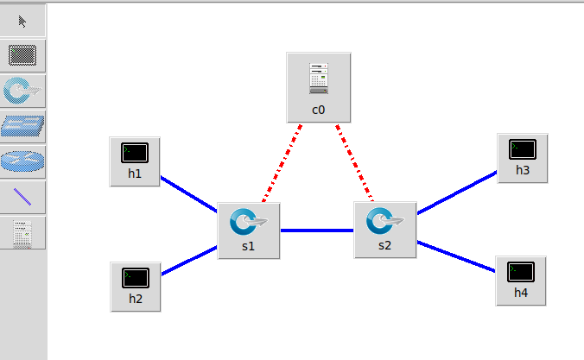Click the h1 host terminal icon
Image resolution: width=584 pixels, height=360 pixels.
tap(136, 153)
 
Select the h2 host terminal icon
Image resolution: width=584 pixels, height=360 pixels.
tap(136, 278)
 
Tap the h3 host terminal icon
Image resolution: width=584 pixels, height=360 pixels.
tap(523, 148)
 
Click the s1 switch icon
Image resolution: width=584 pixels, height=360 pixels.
tap(248, 223)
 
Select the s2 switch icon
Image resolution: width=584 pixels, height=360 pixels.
tap(385, 221)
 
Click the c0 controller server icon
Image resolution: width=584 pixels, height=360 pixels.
tap(318, 79)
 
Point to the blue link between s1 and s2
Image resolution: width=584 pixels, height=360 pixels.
tap(317, 231)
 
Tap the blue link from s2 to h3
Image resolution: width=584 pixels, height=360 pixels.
tap(456, 192)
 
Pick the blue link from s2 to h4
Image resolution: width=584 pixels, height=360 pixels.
tap(456, 256)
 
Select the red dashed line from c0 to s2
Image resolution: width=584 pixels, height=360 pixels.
tap(354, 161)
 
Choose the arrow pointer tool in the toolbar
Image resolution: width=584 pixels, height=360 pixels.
tap(22, 22)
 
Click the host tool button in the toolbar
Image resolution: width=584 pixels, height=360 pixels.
tap(22, 56)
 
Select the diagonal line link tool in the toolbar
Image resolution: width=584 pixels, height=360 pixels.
tap(22, 197)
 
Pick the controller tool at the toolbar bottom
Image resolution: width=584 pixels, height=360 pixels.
tap(22, 232)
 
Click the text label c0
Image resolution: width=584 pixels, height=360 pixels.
tap(318, 110)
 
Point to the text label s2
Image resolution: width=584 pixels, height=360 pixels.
tap(385, 245)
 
